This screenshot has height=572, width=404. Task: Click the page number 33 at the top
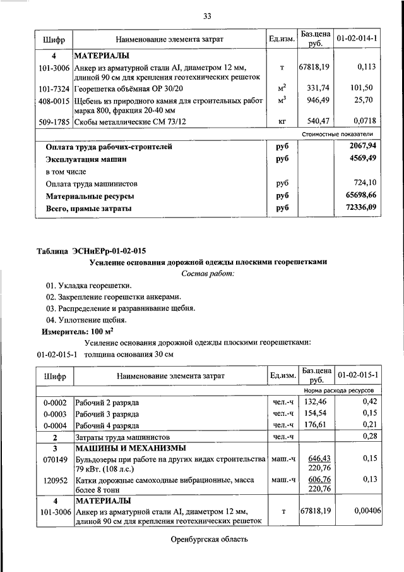[x=206, y=16]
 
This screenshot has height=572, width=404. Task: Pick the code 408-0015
[x=54, y=100]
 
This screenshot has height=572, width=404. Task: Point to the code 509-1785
[x=54, y=121]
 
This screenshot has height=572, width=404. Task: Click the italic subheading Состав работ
[x=208, y=274]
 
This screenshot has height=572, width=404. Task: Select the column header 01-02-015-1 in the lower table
[x=357, y=375]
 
